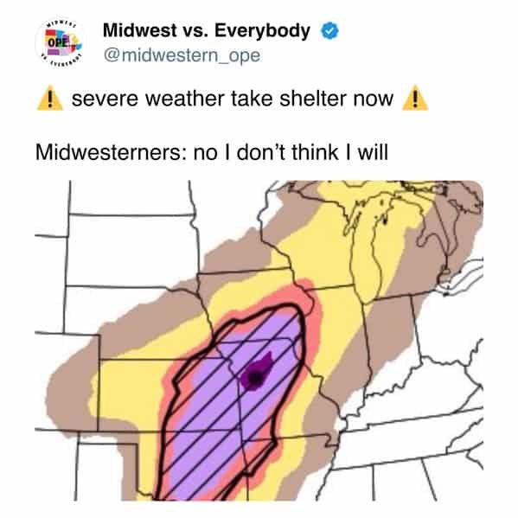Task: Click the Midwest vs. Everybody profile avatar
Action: click(x=59, y=42)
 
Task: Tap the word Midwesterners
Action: click(x=110, y=152)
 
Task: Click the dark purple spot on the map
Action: click(x=254, y=374)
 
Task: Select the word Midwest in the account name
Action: click(x=139, y=31)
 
